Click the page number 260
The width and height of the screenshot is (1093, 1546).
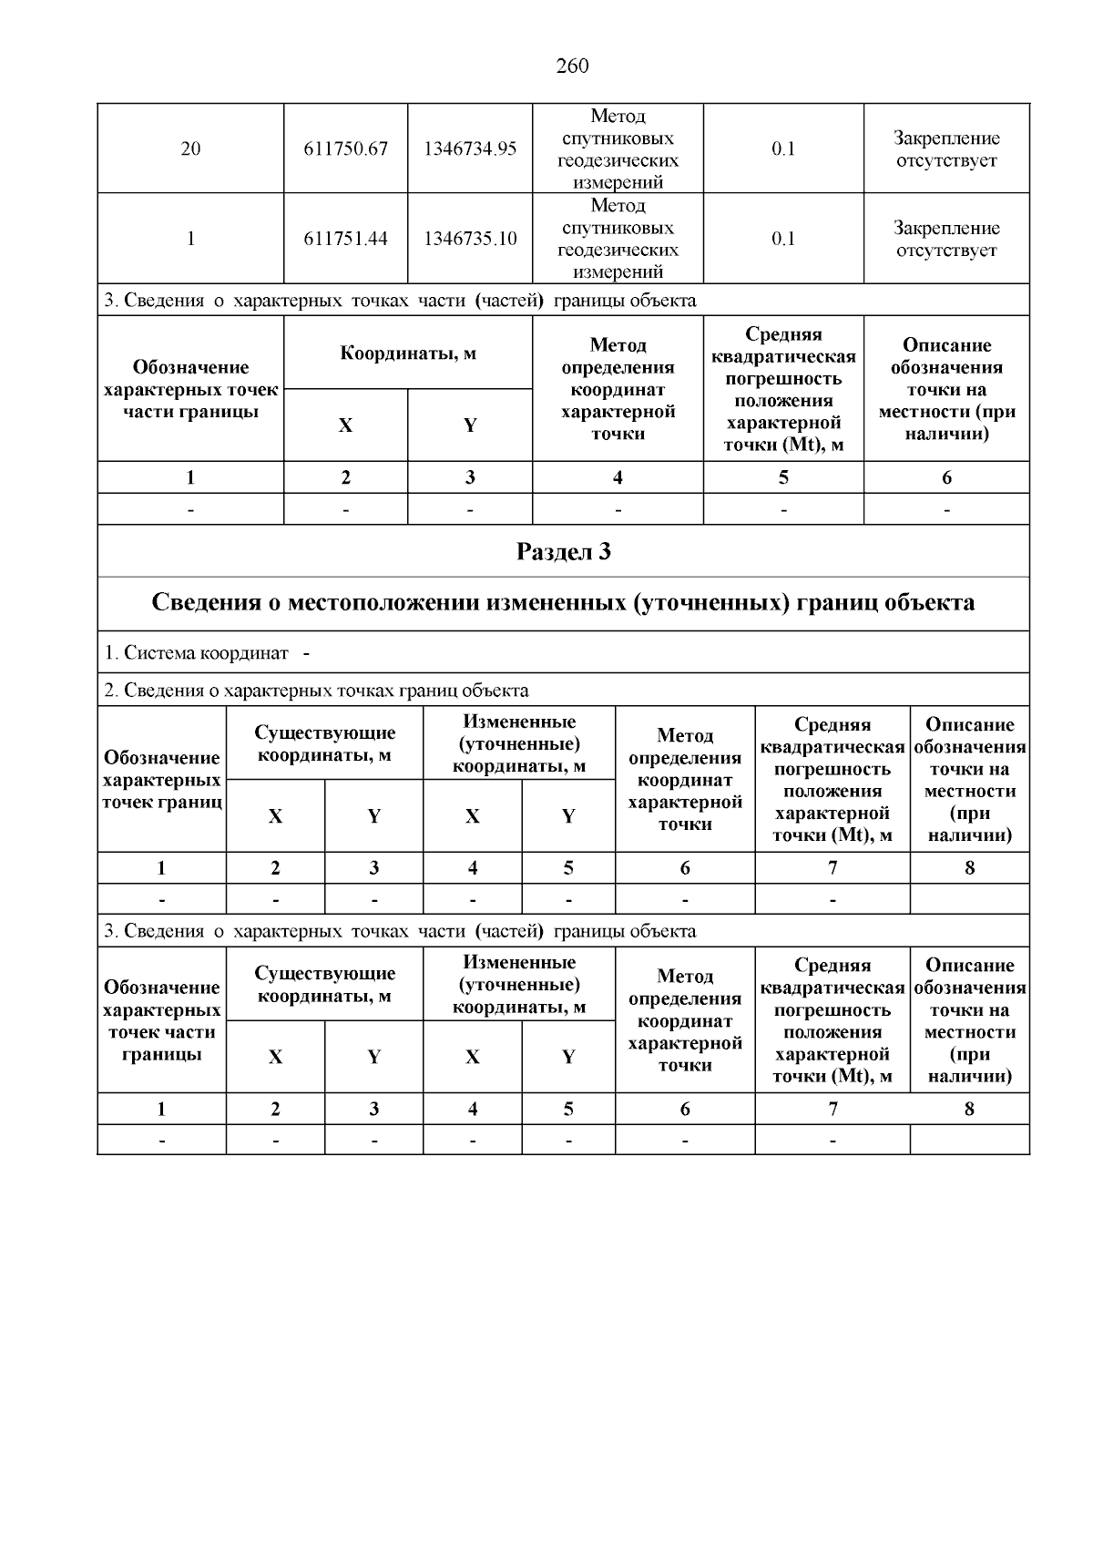click(572, 66)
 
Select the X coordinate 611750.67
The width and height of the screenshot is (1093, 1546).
click(346, 148)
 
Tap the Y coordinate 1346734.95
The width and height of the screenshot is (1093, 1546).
click(470, 148)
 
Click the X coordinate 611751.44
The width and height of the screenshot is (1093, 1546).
click(346, 239)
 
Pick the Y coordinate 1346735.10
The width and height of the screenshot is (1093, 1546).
click(470, 239)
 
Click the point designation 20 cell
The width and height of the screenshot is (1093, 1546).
click(190, 148)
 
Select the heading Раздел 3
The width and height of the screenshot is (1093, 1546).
click(563, 551)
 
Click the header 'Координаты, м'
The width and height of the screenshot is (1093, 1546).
click(408, 353)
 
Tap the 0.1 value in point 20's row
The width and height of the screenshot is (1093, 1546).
click(783, 148)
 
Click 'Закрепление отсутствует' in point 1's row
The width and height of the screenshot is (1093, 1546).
click(946, 239)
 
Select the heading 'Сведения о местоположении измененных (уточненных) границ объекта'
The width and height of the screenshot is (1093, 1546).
click(563, 603)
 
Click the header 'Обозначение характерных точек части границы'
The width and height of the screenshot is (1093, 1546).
click(190, 389)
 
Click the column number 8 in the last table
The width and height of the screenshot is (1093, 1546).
click(969, 1109)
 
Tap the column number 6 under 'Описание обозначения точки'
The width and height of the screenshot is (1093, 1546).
click(946, 477)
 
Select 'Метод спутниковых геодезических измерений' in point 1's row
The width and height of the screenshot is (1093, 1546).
click(618, 239)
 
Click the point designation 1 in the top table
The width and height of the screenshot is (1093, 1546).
click(190, 239)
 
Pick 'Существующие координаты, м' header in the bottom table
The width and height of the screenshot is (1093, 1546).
click(325, 985)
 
